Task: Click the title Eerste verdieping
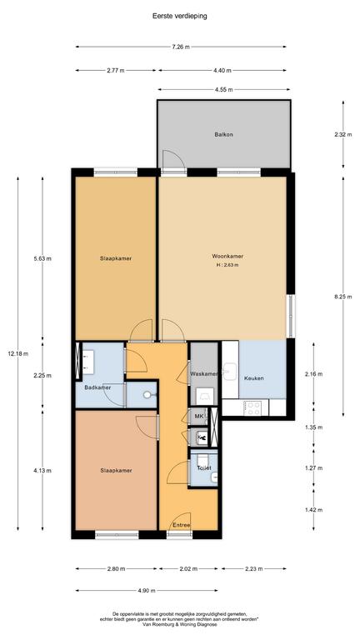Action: point(180,17)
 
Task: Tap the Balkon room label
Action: point(223,134)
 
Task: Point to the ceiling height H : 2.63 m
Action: point(227,265)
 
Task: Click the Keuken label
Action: point(254,378)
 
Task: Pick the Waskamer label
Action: point(204,374)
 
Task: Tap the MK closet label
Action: point(199,417)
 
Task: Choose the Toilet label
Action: point(204,468)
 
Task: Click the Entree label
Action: point(182,525)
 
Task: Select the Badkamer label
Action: point(97,387)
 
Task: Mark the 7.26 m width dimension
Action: point(181,47)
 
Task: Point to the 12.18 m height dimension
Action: point(18,354)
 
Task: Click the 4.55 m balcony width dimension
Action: point(224,89)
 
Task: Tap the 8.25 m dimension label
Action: point(342,297)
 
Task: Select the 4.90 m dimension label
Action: point(147,591)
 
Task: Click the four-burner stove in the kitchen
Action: point(252,407)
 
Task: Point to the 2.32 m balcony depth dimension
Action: point(342,134)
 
